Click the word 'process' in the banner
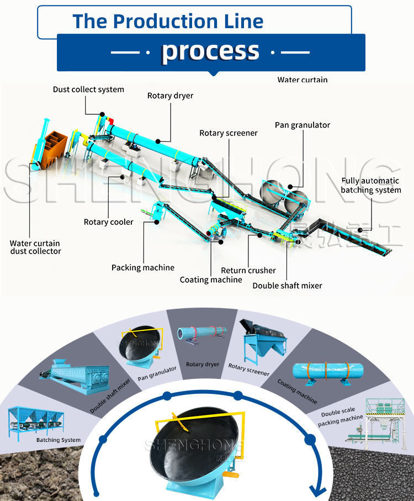point(210,52)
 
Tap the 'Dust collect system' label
point(88,89)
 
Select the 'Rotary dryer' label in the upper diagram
point(170,96)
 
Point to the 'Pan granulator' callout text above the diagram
point(302,125)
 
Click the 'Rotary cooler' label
point(109,222)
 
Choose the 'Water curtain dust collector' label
point(35,247)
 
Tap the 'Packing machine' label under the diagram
point(143,267)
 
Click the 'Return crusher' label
point(248,270)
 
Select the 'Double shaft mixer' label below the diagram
point(287,286)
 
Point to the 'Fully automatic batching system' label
point(371,185)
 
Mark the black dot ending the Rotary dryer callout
point(158,141)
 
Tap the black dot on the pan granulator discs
point(290,187)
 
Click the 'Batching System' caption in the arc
point(59,440)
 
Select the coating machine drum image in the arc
point(328,372)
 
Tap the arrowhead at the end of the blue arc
point(318,491)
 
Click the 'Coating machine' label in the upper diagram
point(211,279)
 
